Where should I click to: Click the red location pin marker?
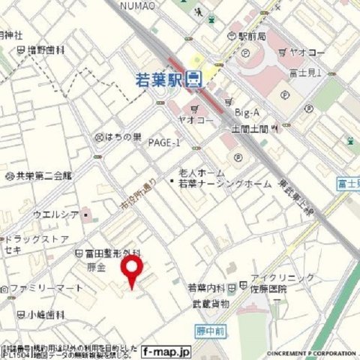132,271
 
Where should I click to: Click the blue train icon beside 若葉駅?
194,77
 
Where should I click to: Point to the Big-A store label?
247,112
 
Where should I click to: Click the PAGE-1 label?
164,142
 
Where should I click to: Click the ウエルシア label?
56,214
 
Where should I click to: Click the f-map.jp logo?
166,350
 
